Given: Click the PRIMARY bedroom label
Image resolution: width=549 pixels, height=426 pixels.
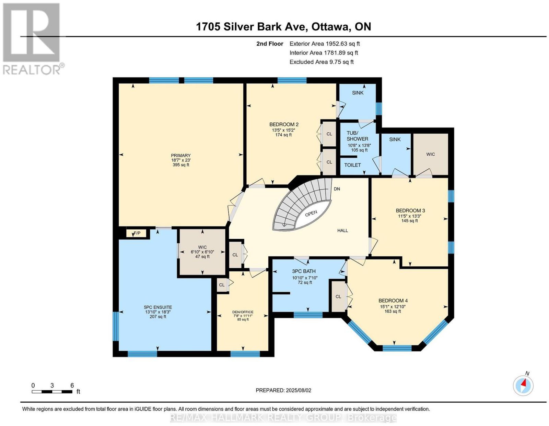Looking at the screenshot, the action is [x=180, y=155].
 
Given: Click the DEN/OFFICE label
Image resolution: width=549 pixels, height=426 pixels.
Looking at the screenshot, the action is [x=243, y=312].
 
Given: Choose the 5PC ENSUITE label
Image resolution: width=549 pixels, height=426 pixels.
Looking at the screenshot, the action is [x=157, y=307].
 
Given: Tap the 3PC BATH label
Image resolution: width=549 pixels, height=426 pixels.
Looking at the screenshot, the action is [x=304, y=271].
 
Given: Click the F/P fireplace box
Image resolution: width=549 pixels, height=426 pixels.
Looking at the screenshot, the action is [x=137, y=233].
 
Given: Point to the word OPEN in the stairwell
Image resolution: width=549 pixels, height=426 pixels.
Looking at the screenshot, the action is [x=311, y=214].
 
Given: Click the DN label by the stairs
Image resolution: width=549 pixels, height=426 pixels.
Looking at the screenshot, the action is [x=337, y=188].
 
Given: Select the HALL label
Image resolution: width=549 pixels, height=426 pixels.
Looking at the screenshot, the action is [x=342, y=230].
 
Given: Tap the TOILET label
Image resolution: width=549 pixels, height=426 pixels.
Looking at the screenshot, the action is [x=352, y=165].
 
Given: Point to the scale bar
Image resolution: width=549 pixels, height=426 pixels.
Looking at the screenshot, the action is [x=52, y=391].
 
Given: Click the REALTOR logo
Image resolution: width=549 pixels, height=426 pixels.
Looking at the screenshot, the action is [x=31, y=39].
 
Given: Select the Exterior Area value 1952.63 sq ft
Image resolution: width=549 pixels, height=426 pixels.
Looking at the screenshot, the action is [x=342, y=44].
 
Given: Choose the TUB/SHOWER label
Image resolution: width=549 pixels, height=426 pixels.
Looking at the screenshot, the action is [x=357, y=136].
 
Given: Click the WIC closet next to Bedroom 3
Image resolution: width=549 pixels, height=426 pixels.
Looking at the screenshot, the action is [x=431, y=154].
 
